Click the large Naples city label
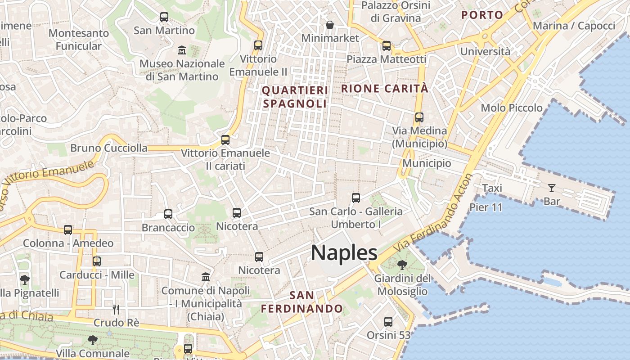pyautogui.click(x=344, y=253)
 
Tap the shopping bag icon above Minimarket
pyautogui.click(x=330, y=24)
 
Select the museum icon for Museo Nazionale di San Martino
pyautogui.click(x=182, y=49)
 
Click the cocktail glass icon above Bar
pyautogui.click(x=552, y=188)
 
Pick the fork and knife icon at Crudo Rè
pyautogui.click(x=116, y=309)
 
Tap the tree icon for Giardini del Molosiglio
pyautogui.click(x=402, y=265)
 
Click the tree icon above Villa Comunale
pyautogui.click(x=93, y=340)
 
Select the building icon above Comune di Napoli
pyautogui.click(x=206, y=276)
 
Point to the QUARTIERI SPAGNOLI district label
pyautogui.click(x=295, y=97)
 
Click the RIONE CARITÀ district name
pyautogui.click(x=385, y=89)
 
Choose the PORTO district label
pyautogui.click(x=482, y=15)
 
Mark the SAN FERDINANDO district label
pyautogui.click(x=302, y=302)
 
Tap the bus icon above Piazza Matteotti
pyautogui.click(x=387, y=45)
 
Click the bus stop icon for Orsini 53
pyautogui.click(x=388, y=322)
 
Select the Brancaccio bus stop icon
pyautogui.click(x=168, y=214)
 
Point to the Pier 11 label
pyautogui.click(x=486, y=207)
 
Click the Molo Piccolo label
pyautogui.click(x=512, y=108)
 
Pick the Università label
pyautogui.click(x=485, y=51)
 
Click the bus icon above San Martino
pyautogui.click(x=164, y=17)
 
